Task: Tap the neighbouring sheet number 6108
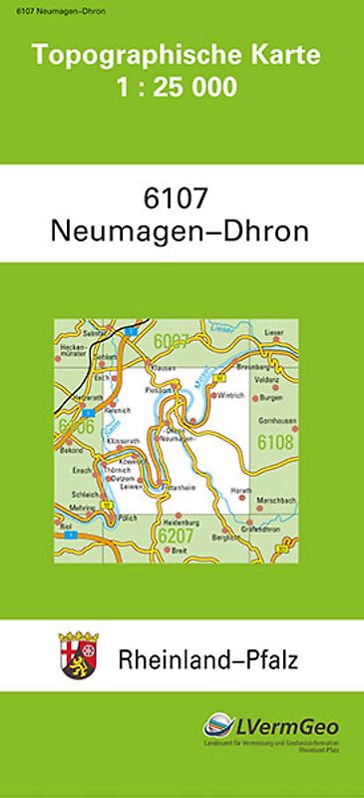[274, 441]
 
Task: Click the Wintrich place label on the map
[230, 395]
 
